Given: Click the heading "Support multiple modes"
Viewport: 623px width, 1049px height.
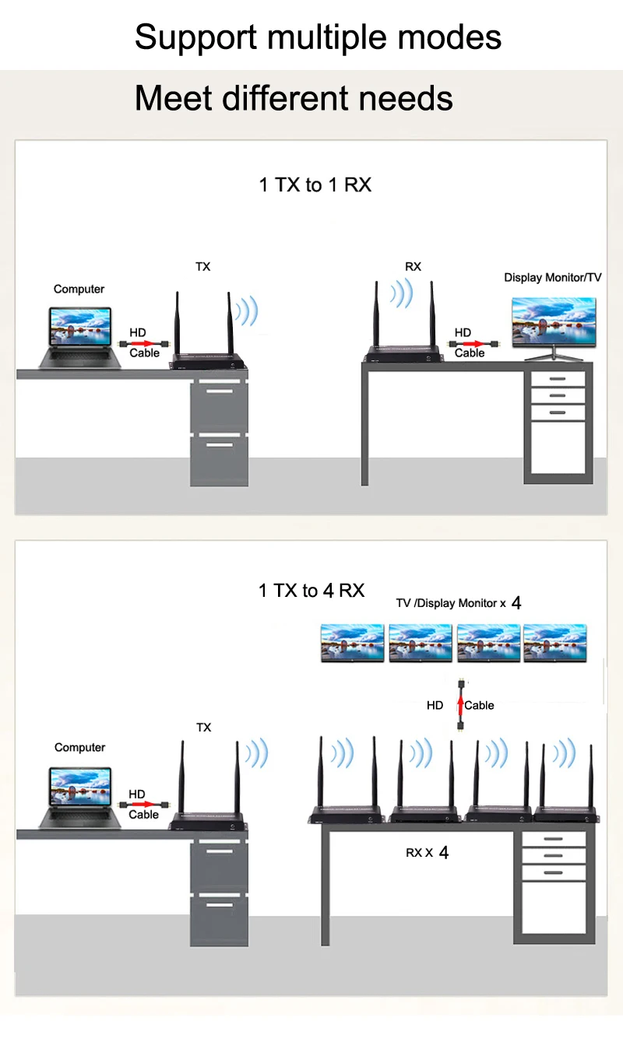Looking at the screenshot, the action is [x=318, y=37].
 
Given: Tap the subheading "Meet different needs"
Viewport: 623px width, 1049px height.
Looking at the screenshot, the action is [x=294, y=98].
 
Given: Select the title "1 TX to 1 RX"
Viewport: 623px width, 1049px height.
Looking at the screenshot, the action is [x=315, y=185].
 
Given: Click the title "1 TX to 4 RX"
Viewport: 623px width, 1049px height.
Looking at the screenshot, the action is [x=311, y=591].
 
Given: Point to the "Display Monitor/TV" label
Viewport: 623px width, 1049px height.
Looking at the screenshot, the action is [x=552, y=278].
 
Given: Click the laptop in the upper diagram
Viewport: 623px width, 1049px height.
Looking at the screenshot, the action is [x=80, y=338].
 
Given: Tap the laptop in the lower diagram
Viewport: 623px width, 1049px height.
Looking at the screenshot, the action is [x=80, y=798].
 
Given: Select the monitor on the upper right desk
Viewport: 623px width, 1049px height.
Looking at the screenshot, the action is [x=554, y=328].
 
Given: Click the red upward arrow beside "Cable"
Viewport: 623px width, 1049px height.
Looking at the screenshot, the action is [x=461, y=706].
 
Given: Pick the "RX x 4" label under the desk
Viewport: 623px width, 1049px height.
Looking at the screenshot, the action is [x=427, y=852].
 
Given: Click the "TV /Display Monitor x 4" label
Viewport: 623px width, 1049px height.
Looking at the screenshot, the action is [x=459, y=602].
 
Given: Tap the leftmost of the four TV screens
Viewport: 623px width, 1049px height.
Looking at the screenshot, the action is [x=353, y=643].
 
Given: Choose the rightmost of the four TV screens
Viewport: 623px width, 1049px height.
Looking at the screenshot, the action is [x=555, y=643].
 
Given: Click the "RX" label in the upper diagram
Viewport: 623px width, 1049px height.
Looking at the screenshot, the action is [x=413, y=266].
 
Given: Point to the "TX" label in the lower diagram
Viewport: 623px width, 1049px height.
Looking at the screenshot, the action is [x=203, y=728].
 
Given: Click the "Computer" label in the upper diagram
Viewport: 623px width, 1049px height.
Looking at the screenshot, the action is [x=79, y=289].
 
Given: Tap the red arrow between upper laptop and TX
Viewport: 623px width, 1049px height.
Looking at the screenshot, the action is [x=143, y=344].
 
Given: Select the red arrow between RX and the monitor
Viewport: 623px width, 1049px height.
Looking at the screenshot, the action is [x=470, y=344].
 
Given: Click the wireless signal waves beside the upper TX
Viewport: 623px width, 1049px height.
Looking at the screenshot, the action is [x=248, y=310].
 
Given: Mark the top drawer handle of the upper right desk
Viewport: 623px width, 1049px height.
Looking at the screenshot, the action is [x=558, y=378].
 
